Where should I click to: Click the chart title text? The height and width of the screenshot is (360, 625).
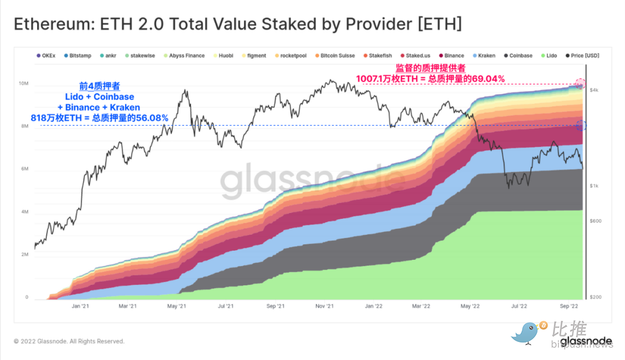coord(237,24)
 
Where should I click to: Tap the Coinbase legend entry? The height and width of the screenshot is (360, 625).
coord(518,56)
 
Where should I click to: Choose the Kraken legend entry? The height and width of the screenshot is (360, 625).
coord(483,56)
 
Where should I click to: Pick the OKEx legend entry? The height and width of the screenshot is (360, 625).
coord(46,56)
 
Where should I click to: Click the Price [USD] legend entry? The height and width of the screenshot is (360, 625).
coord(582,56)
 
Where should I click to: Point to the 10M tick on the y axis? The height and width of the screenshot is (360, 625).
coord(24,84)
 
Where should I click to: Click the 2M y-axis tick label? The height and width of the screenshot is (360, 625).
coord(24,255)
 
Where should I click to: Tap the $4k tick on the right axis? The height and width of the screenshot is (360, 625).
coord(594,91)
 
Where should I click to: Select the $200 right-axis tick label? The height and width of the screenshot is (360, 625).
coord(595,297)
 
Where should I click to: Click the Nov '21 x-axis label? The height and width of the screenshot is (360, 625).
coord(325,306)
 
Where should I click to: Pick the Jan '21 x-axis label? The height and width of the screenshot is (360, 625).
coord(79,306)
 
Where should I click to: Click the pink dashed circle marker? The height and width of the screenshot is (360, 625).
coord(580,84)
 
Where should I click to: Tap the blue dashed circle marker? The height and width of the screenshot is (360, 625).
coord(582,126)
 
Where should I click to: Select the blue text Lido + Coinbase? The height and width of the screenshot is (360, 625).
coord(99,97)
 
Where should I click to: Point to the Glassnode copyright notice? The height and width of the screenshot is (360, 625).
coord(69,341)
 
